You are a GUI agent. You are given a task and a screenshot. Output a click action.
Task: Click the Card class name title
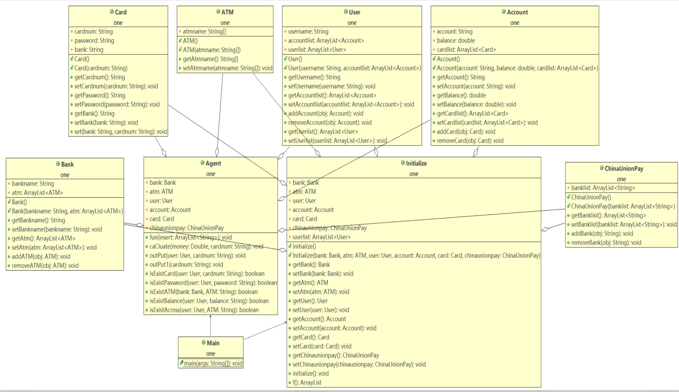(x=121, y=12)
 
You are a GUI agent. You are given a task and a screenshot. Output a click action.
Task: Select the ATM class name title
(x=227, y=12)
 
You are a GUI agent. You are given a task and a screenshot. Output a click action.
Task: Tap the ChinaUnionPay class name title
(x=624, y=168)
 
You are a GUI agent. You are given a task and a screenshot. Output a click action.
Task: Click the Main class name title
(x=213, y=343)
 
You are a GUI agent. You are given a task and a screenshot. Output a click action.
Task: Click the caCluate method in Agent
(x=206, y=246)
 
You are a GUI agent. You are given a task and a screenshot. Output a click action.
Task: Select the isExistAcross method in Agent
(x=204, y=310)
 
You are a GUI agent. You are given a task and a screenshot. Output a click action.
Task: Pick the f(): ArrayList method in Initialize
(x=307, y=382)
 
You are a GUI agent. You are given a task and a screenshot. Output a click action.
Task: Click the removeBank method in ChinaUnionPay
(x=606, y=242)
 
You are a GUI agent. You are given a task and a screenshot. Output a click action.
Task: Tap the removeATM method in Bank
(x=45, y=265)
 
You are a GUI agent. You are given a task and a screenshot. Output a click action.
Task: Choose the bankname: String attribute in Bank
(x=33, y=183)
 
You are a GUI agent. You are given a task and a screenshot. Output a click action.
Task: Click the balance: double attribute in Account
(x=455, y=40)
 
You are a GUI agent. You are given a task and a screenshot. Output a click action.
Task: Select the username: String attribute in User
(x=308, y=31)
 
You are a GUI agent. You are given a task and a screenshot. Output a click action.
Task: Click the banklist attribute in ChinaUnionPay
(x=603, y=188)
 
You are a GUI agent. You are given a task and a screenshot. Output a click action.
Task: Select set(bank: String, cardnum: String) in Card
(x=121, y=131)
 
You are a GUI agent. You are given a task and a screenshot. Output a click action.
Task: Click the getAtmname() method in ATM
(x=210, y=59)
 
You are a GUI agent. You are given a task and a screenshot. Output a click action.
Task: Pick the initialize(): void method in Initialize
(x=310, y=373)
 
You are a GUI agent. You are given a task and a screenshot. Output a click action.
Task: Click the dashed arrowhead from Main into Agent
(x=211, y=317)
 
